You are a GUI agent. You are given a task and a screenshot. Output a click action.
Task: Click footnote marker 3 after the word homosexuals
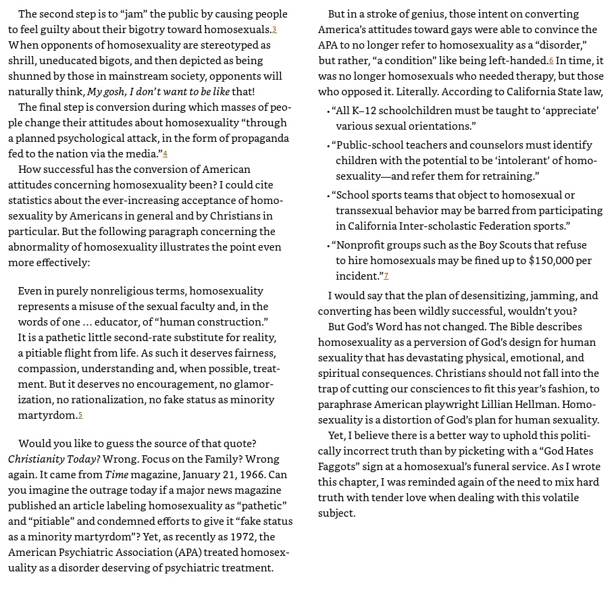point(274,30)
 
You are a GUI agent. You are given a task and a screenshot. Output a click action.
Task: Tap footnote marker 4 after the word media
point(165,154)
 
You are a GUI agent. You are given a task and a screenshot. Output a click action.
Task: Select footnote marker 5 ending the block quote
point(80,415)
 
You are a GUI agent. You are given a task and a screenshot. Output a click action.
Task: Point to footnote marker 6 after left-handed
point(551,61)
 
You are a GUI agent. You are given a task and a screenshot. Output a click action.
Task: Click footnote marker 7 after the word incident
point(386,276)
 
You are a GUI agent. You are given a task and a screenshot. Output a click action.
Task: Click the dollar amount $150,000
point(553,260)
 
